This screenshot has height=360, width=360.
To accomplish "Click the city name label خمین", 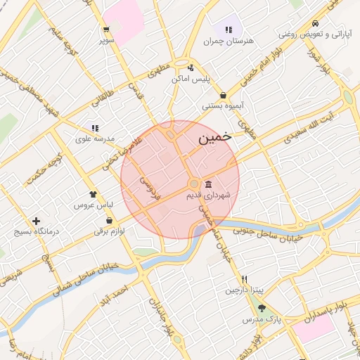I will (214, 138).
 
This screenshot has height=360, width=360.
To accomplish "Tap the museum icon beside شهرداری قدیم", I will (208, 184).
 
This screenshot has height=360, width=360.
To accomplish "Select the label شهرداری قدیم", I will (212, 195).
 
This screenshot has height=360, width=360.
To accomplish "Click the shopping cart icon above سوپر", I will (105, 30).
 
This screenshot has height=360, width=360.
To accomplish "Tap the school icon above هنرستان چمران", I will (229, 30).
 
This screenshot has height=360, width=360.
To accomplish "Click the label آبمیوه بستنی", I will (223, 106).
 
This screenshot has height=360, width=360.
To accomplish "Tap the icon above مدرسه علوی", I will (94, 128).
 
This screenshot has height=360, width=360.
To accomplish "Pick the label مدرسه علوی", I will (94, 139).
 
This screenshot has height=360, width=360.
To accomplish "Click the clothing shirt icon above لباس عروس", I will (92, 195).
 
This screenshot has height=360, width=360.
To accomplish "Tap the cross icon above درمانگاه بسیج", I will (36, 221).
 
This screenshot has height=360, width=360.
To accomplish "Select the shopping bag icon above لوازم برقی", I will (99, 220).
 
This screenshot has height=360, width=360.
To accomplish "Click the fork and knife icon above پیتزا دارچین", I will (243, 279).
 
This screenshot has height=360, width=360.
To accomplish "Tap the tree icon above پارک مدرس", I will (262, 308).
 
